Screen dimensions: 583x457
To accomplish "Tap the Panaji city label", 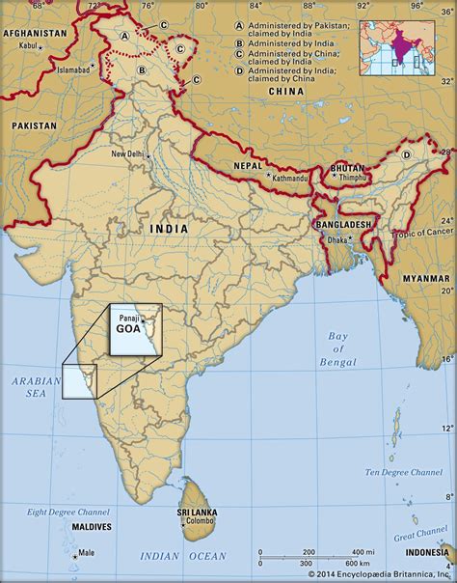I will pos(127,316).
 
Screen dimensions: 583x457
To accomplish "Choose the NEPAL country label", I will pos(247,166).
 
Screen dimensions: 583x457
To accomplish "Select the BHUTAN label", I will pos(348,167).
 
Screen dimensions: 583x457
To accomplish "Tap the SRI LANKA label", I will pos(197,512).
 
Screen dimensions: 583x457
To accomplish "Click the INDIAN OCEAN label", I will pos(183,557).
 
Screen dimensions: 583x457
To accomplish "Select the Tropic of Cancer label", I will pos(422,232).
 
